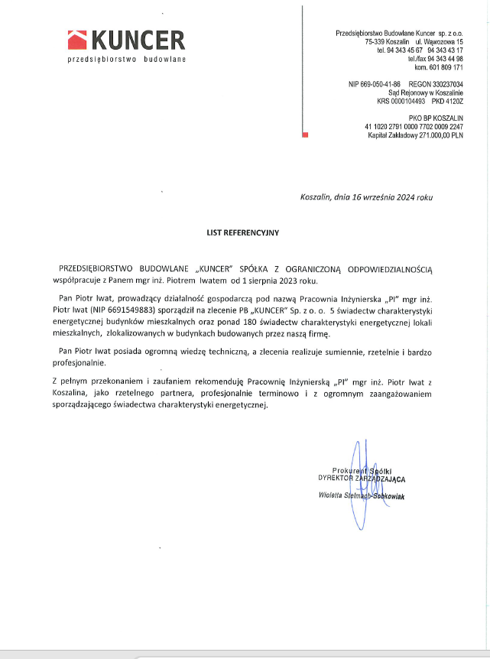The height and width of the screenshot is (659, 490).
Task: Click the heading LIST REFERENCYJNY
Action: (245, 231)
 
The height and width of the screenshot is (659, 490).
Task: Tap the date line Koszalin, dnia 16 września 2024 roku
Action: (366, 197)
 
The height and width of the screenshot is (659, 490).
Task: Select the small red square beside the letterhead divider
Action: (305, 135)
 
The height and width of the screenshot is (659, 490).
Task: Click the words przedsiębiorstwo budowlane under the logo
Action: (127, 59)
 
